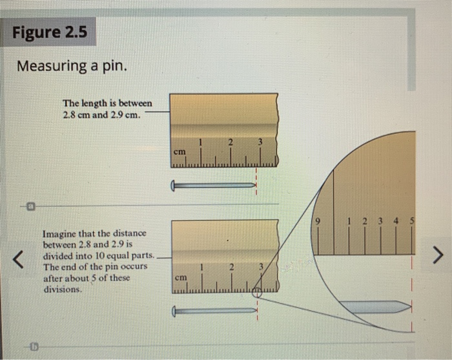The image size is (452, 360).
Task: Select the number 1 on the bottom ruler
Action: pyautogui.click(x=201, y=266)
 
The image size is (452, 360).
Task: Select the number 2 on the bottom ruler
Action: pyautogui.click(x=230, y=266)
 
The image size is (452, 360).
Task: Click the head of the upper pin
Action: pyautogui.click(x=173, y=185)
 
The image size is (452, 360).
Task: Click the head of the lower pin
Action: pyautogui.click(x=173, y=311)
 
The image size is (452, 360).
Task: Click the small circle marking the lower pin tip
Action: pyautogui.click(x=256, y=291)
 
